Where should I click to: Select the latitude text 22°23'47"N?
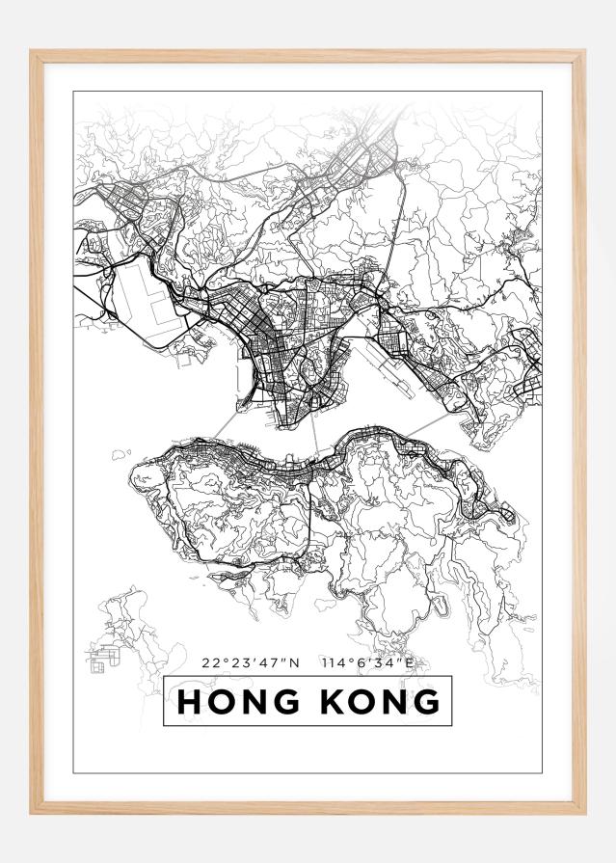coord(252,662)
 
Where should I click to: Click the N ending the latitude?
coord(296,662)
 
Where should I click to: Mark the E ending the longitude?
coord(409,662)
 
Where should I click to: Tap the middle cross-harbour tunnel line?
coord(313,434)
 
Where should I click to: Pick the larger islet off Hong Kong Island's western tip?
coord(121,452)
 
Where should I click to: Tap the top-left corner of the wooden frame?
coord(33,54)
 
